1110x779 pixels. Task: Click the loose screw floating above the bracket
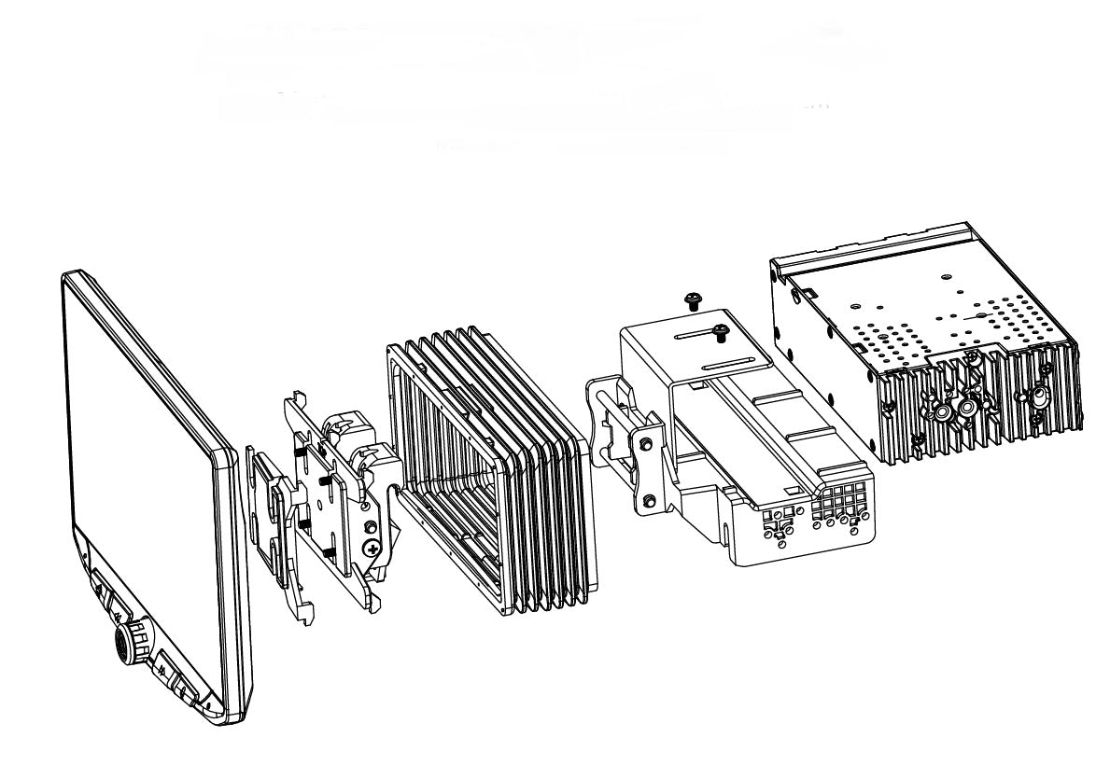692,299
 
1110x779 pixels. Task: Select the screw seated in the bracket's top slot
720,329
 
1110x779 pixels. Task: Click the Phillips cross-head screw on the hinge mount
372,549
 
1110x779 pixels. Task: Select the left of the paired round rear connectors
941,410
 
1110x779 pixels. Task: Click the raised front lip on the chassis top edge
868,244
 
